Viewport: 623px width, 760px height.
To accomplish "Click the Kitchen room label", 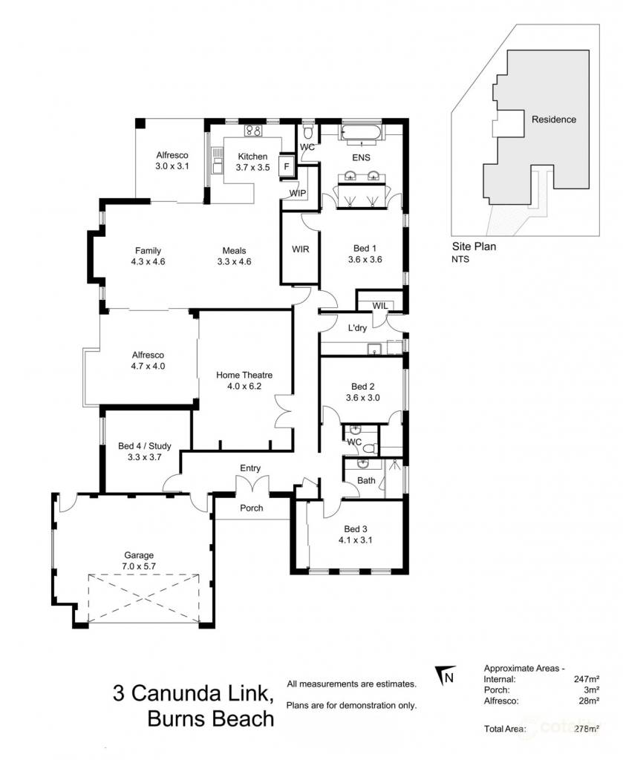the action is (x=252, y=157).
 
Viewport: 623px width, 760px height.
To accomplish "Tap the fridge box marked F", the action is (x=287, y=166).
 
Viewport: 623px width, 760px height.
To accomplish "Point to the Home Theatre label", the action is (x=244, y=375).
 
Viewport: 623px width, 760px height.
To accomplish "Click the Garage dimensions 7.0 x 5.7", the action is (x=139, y=566).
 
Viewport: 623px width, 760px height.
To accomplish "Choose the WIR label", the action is (x=301, y=249).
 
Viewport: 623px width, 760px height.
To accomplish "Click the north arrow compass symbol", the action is (x=445, y=675).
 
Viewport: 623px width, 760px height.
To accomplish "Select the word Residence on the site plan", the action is (x=554, y=119).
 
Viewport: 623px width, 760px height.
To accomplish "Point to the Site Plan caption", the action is (x=474, y=246).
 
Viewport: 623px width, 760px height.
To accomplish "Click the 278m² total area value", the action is (x=587, y=728).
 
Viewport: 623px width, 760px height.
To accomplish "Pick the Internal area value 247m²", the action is (x=587, y=679).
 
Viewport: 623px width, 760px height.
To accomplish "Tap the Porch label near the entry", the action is (x=252, y=508).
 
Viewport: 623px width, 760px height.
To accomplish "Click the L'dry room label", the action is (x=357, y=327).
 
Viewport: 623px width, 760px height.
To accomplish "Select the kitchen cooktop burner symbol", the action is (x=253, y=131).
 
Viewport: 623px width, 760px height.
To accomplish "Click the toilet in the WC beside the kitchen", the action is (x=307, y=132).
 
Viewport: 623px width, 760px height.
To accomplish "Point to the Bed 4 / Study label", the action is (x=145, y=446).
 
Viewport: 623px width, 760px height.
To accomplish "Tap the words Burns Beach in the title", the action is (x=210, y=718).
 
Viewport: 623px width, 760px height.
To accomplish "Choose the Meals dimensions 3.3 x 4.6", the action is (x=234, y=262).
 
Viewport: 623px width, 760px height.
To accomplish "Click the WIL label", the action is (x=380, y=306).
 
